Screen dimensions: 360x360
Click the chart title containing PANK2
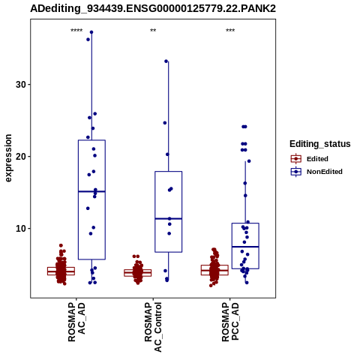pyautogui.click(x=153, y=9)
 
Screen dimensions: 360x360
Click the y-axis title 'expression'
pyautogui.click(x=8, y=158)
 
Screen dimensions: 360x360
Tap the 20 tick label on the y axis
pyautogui.click(x=21, y=157)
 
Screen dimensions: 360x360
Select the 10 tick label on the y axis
pyautogui.click(x=21, y=229)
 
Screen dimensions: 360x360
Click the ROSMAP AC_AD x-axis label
pyautogui.click(x=76, y=322)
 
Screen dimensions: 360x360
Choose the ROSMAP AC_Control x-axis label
pyautogui.click(x=153, y=327)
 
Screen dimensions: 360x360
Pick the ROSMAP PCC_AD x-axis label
pyautogui.click(x=230, y=322)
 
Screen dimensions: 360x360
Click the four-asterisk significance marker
pyautogui.click(x=76, y=31)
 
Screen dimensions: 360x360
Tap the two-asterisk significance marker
pyautogui.click(x=153, y=31)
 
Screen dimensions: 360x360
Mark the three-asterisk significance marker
pyautogui.click(x=230, y=31)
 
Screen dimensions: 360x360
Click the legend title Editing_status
pyautogui.click(x=320, y=144)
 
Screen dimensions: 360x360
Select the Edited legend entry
pyautogui.click(x=310, y=159)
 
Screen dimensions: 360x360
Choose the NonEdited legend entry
pyautogui.click(x=316, y=172)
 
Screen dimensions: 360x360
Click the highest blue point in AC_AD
pyautogui.click(x=91, y=32)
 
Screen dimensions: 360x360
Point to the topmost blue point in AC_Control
pyautogui.click(x=166, y=61)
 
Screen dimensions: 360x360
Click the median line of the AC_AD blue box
pyautogui.click(x=91, y=191)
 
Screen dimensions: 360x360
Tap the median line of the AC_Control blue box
pyautogui.click(x=169, y=219)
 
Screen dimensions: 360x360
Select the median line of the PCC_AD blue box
pyautogui.click(x=245, y=247)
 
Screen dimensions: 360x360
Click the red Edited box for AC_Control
pyautogui.click(x=138, y=273)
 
